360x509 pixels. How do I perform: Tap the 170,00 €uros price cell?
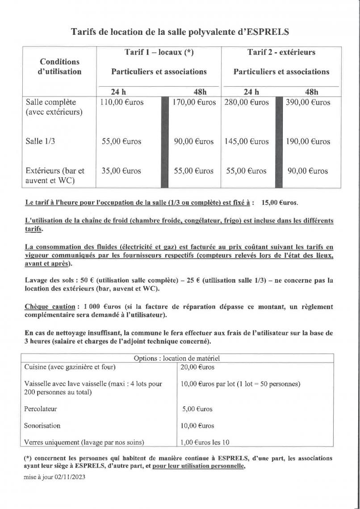click(x=194, y=103)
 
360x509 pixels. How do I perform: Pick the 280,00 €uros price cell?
click(x=247, y=103)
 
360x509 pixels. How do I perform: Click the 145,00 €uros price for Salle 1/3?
click(x=247, y=142)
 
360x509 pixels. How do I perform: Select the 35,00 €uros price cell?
click(x=121, y=171)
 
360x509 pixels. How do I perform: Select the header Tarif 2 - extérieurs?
click(x=281, y=53)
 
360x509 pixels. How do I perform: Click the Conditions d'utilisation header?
click(x=59, y=67)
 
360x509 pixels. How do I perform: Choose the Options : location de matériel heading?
click(x=177, y=358)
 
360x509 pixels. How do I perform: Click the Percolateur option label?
click(x=41, y=409)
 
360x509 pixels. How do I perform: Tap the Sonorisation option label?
click(x=42, y=426)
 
